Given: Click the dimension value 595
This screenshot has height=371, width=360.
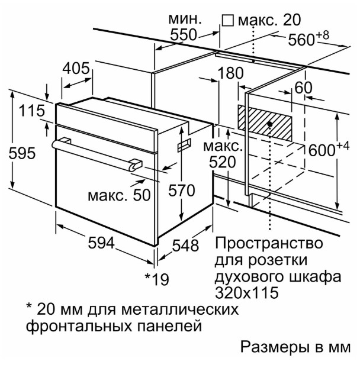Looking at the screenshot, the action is (22, 153).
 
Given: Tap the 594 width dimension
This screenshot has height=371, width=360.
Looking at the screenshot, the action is (101, 243).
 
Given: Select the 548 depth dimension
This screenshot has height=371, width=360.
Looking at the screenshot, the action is (185, 246).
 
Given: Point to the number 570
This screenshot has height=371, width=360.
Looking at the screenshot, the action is (181, 191).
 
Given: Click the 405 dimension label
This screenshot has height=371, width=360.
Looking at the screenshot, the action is (76, 69).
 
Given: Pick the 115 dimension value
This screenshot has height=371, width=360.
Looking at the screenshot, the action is (32, 111).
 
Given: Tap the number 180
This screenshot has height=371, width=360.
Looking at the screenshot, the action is (230, 73).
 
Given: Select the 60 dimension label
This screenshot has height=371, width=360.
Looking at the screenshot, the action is (303, 88).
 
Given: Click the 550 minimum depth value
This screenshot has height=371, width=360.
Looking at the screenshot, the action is (184, 35).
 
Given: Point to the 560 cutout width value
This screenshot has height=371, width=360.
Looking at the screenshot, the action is (301, 40).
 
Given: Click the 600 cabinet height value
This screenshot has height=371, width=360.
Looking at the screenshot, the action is (322, 150).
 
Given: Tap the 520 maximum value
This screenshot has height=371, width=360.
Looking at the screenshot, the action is (222, 162).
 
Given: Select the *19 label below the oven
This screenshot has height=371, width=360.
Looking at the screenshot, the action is (157, 279).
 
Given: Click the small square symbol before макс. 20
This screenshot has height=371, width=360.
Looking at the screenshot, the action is (228, 21).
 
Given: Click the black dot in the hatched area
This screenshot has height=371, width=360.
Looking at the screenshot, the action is (269, 124).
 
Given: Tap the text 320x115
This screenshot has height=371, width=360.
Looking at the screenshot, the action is (246, 293).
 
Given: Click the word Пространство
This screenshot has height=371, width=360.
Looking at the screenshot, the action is (269, 243).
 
